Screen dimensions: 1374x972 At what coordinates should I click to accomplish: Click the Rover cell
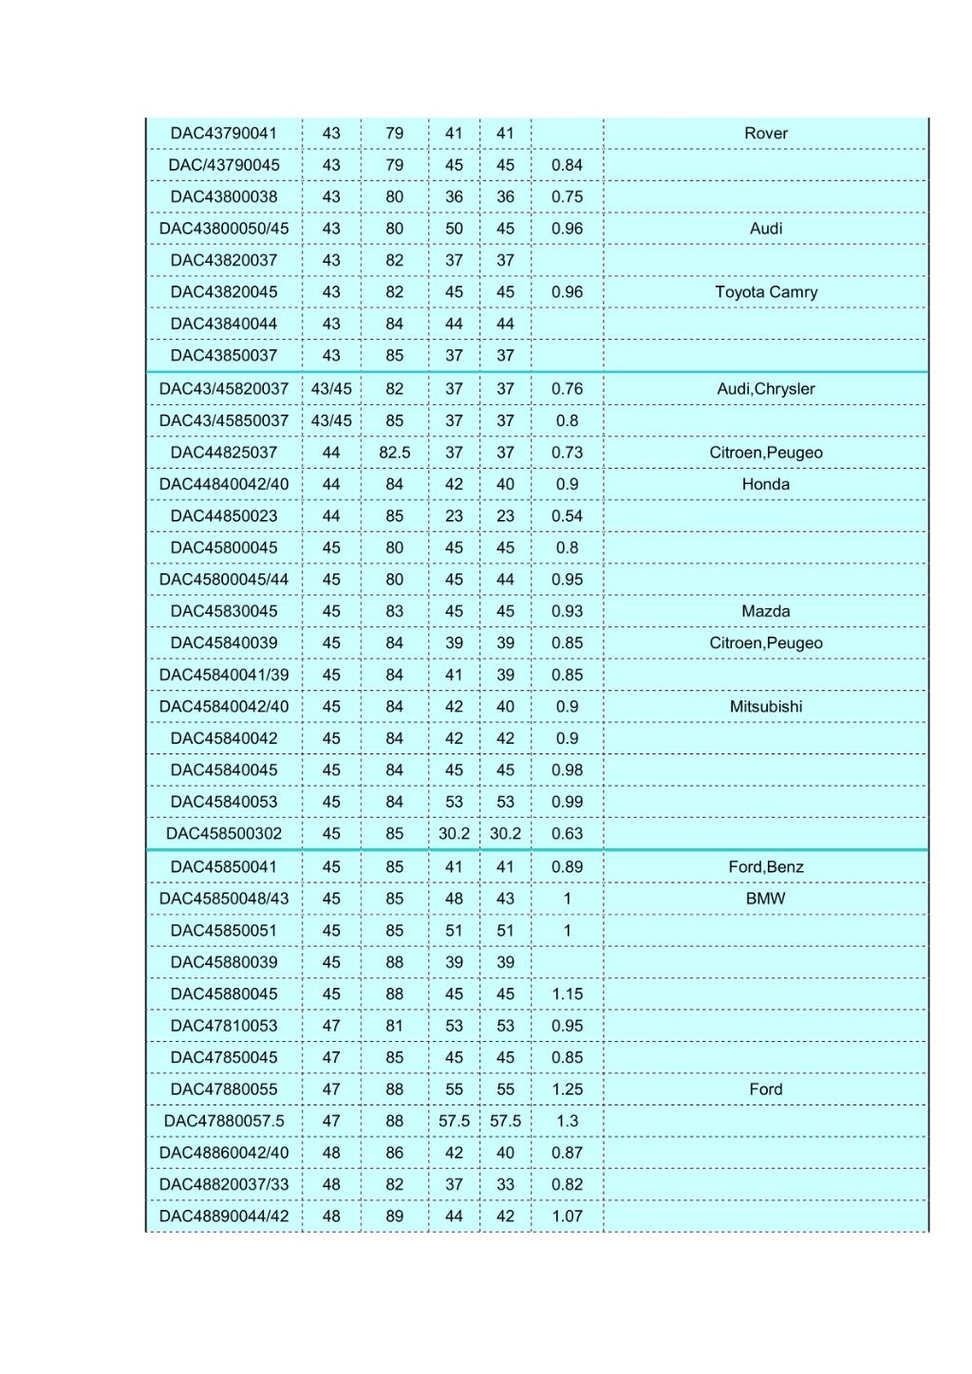click(x=765, y=134)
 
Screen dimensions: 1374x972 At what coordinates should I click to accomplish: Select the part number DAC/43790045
click(x=224, y=165)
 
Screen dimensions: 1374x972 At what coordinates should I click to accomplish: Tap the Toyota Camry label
click(x=765, y=292)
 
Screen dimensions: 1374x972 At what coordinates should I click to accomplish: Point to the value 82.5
click(x=394, y=453)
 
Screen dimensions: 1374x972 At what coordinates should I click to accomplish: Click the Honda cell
click(x=765, y=485)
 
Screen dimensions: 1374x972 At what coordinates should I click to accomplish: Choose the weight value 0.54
click(x=567, y=516)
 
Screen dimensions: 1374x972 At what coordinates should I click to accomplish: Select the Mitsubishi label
click(x=765, y=707)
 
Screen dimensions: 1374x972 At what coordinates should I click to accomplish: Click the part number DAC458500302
click(x=224, y=834)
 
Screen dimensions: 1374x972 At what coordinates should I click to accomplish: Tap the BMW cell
click(x=765, y=899)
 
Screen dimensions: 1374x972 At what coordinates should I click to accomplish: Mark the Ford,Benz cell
click(x=765, y=867)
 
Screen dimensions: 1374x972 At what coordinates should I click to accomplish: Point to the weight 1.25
click(x=567, y=1089)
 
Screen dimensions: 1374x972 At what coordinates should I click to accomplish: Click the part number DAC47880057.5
click(x=224, y=1122)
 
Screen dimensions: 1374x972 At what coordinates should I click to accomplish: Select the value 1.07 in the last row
click(x=567, y=1216)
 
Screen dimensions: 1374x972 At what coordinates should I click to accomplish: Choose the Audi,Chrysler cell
click(x=765, y=389)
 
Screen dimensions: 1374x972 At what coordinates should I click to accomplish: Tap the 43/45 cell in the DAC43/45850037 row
click(x=330, y=421)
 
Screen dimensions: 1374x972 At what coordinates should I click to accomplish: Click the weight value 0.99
click(x=567, y=802)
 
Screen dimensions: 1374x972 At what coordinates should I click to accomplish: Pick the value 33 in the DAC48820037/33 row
click(x=505, y=1185)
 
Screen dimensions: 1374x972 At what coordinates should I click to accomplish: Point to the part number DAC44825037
click(x=224, y=453)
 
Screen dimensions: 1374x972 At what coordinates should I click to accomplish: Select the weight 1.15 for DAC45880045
click(x=567, y=994)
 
